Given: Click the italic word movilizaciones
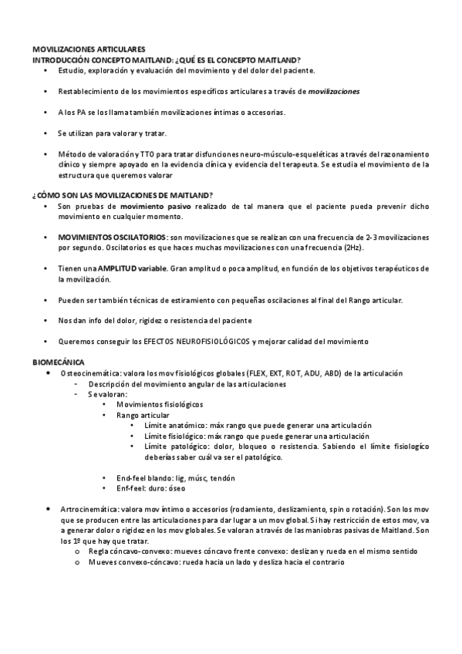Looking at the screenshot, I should [334, 92].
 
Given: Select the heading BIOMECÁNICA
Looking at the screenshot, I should [59, 362].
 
